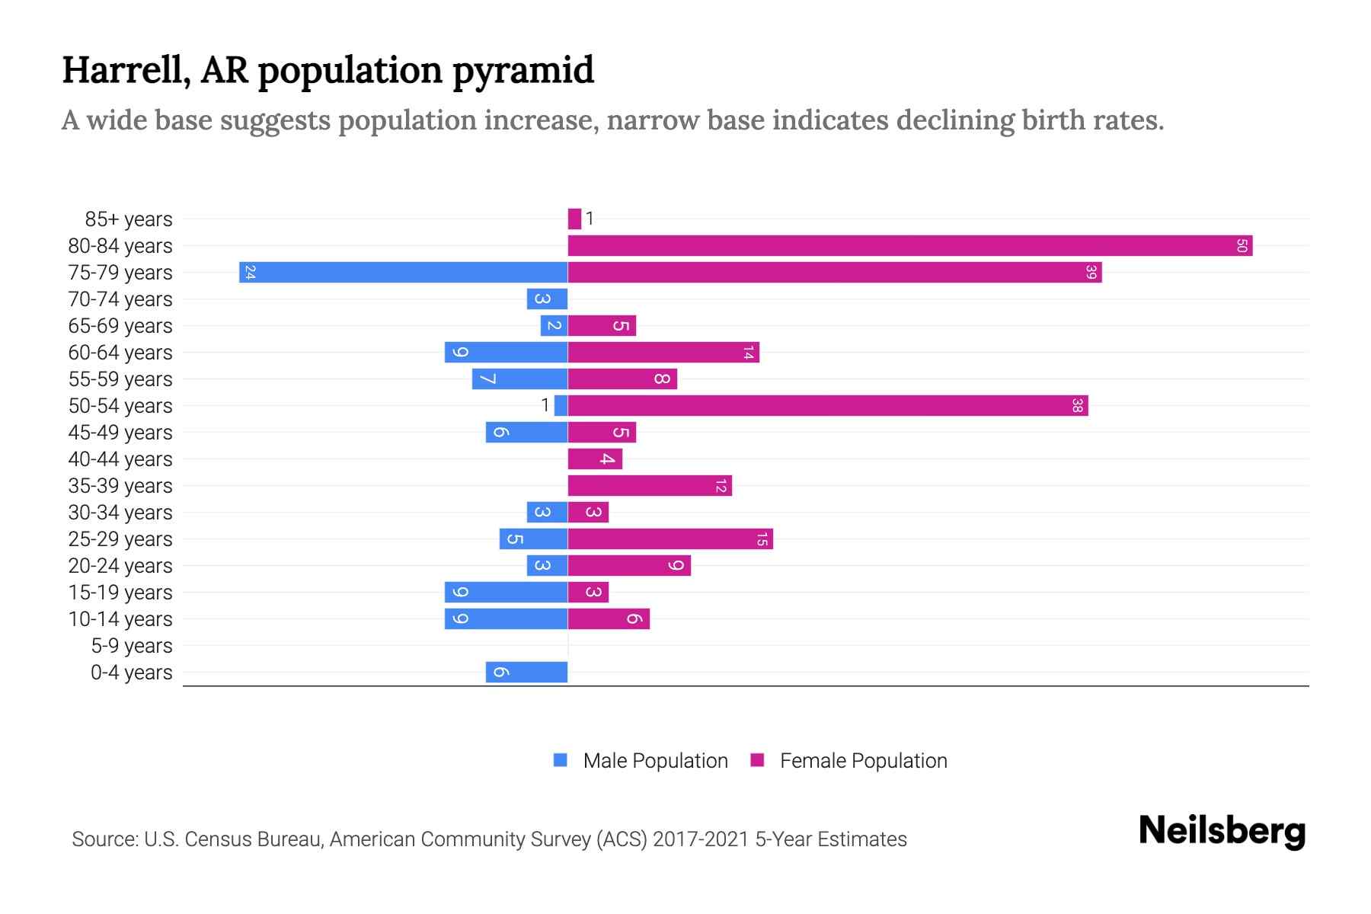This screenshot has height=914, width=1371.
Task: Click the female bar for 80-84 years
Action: (909, 246)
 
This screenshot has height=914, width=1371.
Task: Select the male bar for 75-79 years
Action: (404, 273)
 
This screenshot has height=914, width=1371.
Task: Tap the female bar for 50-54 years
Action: (828, 406)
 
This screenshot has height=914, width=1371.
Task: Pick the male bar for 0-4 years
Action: (527, 673)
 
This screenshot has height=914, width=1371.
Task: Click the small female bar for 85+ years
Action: (574, 219)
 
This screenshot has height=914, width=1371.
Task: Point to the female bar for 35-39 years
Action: (650, 486)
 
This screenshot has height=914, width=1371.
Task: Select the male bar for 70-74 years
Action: (547, 299)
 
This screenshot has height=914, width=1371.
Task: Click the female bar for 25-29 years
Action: (670, 539)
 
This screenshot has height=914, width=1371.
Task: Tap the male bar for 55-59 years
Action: (519, 379)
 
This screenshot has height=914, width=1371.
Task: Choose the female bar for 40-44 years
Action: (595, 459)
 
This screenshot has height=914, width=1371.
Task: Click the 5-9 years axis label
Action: (131, 646)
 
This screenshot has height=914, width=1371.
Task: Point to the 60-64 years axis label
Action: (120, 353)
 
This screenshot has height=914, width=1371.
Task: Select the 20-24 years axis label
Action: (120, 566)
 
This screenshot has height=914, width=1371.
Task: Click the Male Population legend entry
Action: (641, 761)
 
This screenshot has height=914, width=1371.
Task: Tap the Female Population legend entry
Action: (848, 761)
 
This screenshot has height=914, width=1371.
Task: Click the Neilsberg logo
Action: (1222, 830)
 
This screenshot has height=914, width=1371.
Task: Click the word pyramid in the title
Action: (523, 71)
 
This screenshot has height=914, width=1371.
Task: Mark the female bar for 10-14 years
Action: (609, 619)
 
